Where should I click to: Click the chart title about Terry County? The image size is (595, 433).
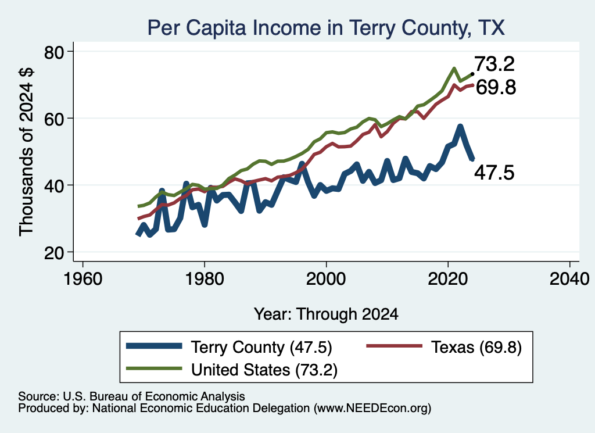click(x=326, y=28)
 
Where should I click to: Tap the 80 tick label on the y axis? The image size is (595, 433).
click(x=54, y=52)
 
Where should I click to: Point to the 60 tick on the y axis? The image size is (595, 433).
click(x=54, y=119)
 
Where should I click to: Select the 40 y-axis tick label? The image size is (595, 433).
click(x=54, y=185)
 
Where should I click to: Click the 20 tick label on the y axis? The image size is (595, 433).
click(x=54, y=253)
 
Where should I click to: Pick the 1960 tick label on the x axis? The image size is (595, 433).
click(x=83, y=279)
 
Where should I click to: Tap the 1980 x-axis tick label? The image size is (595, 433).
click(x=205, y=279)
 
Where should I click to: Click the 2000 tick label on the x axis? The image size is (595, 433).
click(x=326, y=279)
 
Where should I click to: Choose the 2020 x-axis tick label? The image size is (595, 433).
click(x=448, y=279)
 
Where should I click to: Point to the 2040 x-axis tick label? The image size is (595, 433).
click(x=569, y=279)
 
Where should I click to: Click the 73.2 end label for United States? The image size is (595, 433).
click(x=494, y=64)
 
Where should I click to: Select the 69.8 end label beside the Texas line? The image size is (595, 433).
click(x=496, y=87)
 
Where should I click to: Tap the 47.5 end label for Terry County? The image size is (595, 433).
click(x=494, y=173)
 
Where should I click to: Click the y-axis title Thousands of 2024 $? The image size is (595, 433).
click(x=26, y=152)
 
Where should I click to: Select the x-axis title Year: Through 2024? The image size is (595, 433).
click(x=326, y=314)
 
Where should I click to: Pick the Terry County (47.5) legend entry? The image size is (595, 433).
click(x=229, y=347)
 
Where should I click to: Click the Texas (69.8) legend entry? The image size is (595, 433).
click(x=444, y=347)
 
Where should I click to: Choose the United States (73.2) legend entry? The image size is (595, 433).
click(x=232, y=370)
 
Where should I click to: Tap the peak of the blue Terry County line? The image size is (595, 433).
click(x=460, y=126)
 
